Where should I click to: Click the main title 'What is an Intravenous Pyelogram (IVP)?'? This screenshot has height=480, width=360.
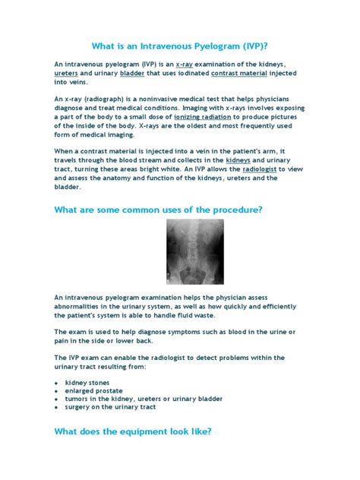point(180,45)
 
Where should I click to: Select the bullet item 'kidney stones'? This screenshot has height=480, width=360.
point(87,382)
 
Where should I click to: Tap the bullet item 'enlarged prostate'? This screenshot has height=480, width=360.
point(94,391)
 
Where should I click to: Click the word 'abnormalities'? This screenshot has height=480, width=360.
point(79,308)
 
